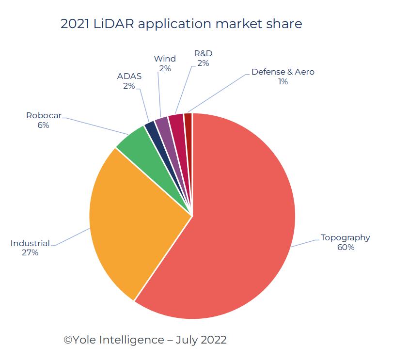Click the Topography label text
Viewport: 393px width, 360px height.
345,237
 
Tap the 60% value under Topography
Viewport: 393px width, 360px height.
346,247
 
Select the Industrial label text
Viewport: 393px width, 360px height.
30,243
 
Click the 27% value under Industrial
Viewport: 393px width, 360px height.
30,252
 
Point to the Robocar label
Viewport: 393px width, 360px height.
44,116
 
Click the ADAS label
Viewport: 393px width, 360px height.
128,76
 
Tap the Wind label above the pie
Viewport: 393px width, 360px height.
165,59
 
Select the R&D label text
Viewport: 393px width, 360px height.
204,53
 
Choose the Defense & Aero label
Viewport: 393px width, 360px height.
283,72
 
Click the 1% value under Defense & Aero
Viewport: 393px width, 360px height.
283,82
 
